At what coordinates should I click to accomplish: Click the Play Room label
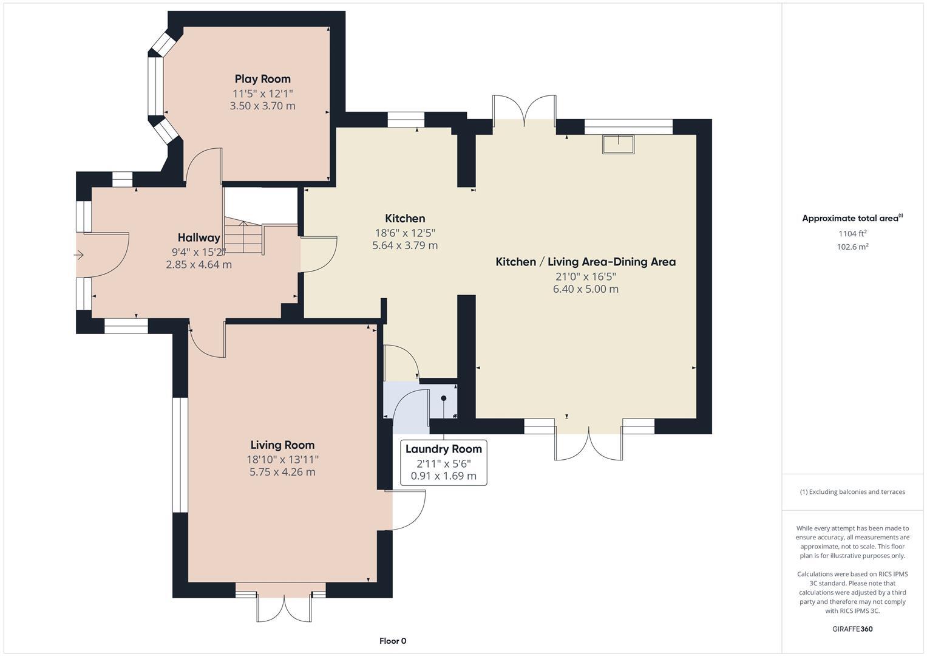[x=262, y=79]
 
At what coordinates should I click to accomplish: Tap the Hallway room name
[x=199, y=237]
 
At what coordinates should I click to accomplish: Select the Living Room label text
[x=282, y=445]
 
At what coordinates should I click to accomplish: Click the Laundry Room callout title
[x=443, y=449]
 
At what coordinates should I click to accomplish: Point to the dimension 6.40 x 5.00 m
[x=585, y=289]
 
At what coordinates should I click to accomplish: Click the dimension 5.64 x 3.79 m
[x=405, y=245]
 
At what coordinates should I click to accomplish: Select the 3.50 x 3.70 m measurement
[x=262, y=106]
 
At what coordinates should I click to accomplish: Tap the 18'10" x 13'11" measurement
[x=282, y=460]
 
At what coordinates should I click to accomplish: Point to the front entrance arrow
[x=79, y=255]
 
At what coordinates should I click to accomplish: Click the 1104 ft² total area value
[x=852, y=233]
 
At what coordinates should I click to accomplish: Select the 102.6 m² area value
[x=852, y=247]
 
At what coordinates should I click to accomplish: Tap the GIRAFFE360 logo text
[x=852, y=629]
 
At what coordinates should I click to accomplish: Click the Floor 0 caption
[x=393, y=641]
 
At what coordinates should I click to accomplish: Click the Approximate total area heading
[x=852, y=219]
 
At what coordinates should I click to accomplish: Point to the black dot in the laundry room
[x=444, y=398]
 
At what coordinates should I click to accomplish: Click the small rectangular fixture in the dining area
[x=618, y=145]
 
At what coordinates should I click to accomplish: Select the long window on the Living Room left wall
[x=180, y=455]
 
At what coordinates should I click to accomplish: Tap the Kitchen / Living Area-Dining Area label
[x=585, y=262]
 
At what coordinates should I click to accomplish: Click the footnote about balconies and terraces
[x=852, y=492]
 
